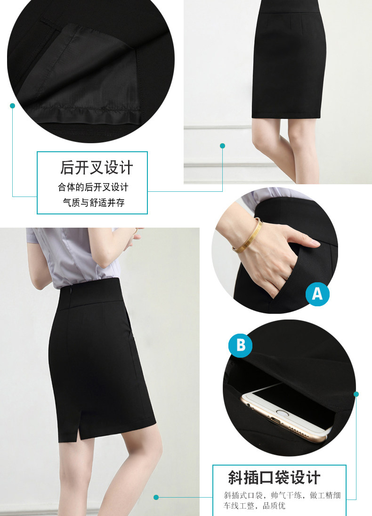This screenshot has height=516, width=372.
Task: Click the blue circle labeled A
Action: (317, 294)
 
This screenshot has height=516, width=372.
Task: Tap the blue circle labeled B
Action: (241, 345)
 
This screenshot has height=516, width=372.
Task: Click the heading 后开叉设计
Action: (97, 167)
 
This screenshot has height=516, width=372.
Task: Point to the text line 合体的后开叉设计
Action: (93, 187)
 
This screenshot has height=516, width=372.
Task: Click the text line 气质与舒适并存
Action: (94, 202)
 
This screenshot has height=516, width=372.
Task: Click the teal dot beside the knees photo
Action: (222, 146)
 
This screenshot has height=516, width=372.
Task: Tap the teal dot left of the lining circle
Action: (13, 106)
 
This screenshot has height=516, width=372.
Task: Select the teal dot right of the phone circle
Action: (356, 394)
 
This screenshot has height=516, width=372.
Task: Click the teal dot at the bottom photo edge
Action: (156, 497)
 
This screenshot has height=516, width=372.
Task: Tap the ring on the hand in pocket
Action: (289, 276)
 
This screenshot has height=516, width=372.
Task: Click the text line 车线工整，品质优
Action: (254, 506)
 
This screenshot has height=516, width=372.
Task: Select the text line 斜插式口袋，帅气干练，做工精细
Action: (282, 495)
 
